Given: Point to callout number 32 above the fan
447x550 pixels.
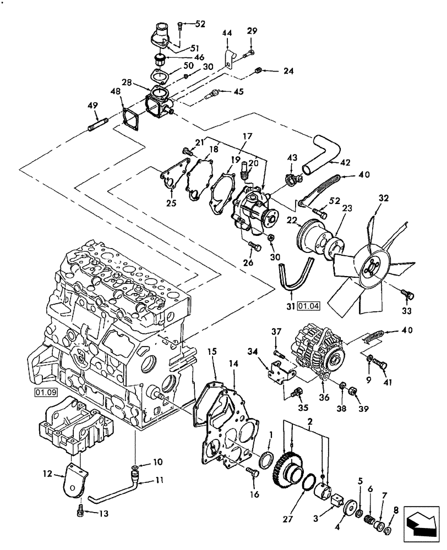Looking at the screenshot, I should click(384, 199).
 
